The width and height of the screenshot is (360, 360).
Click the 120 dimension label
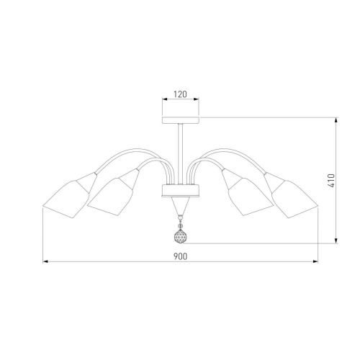pyautogui.click(x=180, y=94)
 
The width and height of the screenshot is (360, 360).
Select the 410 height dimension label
pyautogui.click(x=331, y=181)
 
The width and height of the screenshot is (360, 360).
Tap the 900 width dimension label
pyautogui.click(x=180, y=256)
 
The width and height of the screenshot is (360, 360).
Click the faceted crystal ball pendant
pyautogui.click(x=180, y=236)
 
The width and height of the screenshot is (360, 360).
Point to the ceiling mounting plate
pyautogui.click(x=181, y=120)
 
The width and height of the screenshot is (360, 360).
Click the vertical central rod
pyautogui.click(x=181, y=154)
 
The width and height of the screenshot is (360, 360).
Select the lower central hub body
pyautogui.click(x=181, y=191)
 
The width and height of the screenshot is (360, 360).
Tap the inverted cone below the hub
pyautogui.click(x=181, y=206)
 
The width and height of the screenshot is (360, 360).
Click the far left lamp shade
pyautogui.click(x=66, y=199)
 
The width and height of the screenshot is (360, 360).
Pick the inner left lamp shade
pyautogui.click(x=110, y=197)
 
